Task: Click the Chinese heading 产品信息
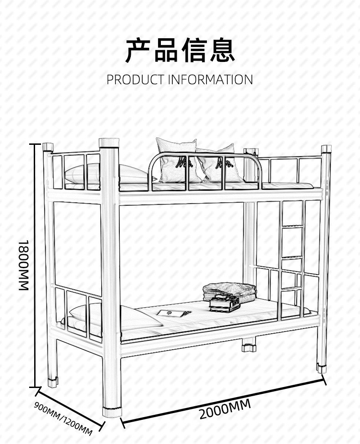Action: coord(180,50)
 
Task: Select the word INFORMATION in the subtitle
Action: coord(211,80)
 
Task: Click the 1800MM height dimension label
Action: coord(24,265)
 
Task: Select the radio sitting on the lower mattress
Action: coord(225,303)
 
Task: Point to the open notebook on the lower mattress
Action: coord(173,313)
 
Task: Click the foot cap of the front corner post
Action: coord(112,412)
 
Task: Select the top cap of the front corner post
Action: coord(109,143)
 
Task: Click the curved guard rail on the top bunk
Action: coord(205,157)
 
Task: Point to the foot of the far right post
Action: coord(322,368)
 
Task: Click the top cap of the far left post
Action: coord(48,148)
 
